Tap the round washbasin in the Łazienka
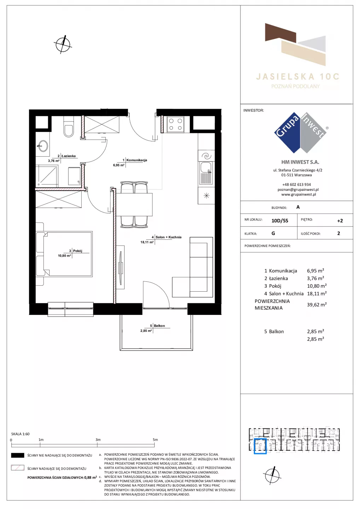[x=42, y=146]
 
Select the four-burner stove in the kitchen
[x=175, y=124]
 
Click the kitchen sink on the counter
[x=206, y=173]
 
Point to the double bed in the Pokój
[x=64, y=254]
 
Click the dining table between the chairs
[x=134, y=205]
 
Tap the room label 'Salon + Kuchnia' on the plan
[x=168, y=237]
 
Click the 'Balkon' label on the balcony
[x=159, y=326]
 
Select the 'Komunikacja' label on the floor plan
[x=137, y=160]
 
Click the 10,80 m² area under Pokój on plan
[x=65, y=256]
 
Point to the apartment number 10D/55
[x=280, y=221]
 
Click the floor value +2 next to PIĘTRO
[x=340, y=221]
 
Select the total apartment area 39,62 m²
[x=317, y=304]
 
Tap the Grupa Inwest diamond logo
[x=301, y=133]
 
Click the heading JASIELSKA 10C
[x=298, y=77]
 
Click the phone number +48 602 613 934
[x=297, y=185]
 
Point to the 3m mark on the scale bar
[x=98, y=440]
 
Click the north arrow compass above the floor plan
[x=63, y=44]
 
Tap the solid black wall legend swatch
[x=17, y=455]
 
